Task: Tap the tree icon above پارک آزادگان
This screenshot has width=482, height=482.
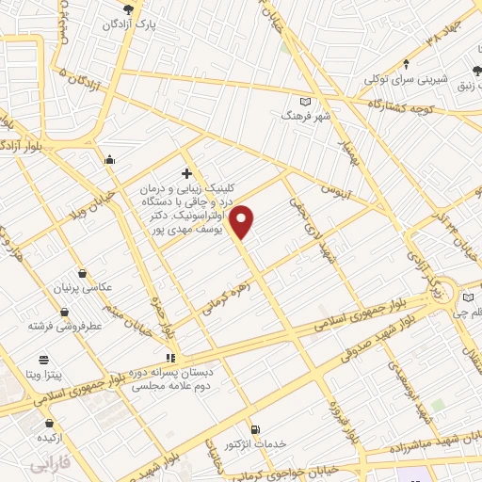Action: (141, 8)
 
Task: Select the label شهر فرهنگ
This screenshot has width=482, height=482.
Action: (303, 114)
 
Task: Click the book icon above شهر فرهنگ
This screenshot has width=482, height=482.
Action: (303, 101)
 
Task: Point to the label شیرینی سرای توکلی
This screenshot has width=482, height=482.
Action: (406, 79)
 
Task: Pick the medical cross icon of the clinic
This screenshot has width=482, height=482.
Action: (186, 173)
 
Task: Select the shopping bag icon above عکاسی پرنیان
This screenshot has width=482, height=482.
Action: (84, 274)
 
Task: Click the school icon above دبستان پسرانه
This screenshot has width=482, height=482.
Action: (170, 358)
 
